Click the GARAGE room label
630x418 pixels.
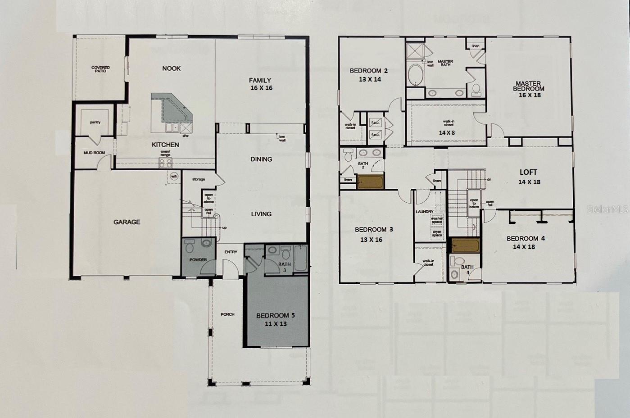(x=127, y=222)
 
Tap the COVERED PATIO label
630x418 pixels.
(x=100, y=69)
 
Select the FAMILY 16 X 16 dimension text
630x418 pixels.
(x=261, y=88)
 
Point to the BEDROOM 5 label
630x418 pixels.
(x=275, y=315)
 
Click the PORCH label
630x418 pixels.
(x=227, y=314)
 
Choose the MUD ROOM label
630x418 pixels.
(x=94, y=153)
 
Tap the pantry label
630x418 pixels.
(x=95, y=123)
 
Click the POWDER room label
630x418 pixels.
(x=198, y=260)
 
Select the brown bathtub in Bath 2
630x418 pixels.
(x=370, y=182)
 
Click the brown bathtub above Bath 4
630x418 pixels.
(x=466, y=246)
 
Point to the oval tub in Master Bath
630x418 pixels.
(x=416, y=75)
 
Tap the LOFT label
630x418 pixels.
(x=528, y=172)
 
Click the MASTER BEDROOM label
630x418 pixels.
(x=528, y=86)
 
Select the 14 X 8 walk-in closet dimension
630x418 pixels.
(x=447, y=133)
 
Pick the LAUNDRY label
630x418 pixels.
(x=424, y=212)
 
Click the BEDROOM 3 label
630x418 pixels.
(x=374, y=230)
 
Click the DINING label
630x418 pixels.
(x=261, y=159)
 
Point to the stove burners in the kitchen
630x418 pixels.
(x=165, y=163)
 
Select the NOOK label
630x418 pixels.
(x=171, y=68)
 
